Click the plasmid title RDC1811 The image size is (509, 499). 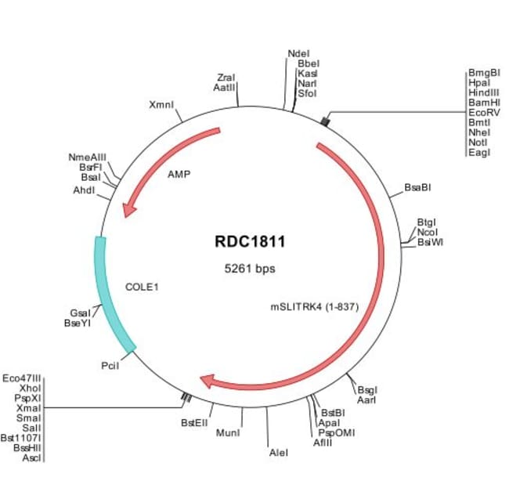pos(250,242)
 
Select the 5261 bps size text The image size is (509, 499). pos(250,268)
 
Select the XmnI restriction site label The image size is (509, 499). pos(161,103)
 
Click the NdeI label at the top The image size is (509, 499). pos(298,53)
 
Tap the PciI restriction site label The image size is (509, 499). pos(110,365)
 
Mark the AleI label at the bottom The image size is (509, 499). pos(278,453)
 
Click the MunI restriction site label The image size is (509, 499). pos(227,432)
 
